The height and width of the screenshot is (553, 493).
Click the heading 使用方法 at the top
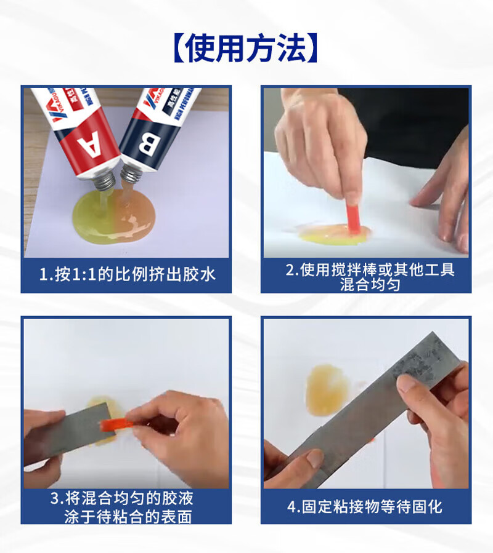pos(246,49)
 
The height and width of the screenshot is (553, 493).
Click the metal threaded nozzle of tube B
pos(131,175)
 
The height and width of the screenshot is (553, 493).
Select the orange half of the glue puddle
pos(135,218)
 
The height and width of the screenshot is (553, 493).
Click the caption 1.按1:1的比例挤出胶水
pos(126,274)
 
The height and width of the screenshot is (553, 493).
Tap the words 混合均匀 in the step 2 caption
pos(370,285)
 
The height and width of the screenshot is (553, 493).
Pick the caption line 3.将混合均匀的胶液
pos(121,498)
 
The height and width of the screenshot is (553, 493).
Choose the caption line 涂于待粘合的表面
pos(128,517)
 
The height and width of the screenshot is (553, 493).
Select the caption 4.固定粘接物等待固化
pos(365,507)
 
